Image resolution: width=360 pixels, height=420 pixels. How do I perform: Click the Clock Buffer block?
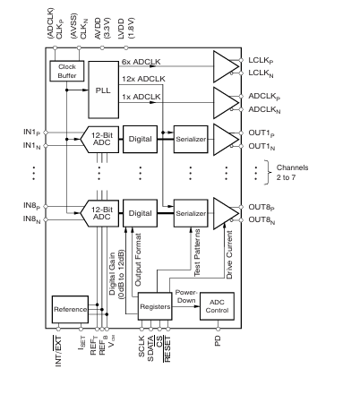(x=67, y=71)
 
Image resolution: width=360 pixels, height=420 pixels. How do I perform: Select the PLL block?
(x=104, y=90)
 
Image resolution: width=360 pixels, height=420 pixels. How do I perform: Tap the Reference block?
(x=70, y=310)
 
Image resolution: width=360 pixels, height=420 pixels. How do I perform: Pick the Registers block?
(x=155, y=306)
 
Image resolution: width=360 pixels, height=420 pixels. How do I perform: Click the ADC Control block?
(x=217, y=306)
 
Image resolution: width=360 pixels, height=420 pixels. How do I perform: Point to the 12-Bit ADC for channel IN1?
(x=99, y=140)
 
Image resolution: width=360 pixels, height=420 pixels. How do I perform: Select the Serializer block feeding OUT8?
(x=191, y=213)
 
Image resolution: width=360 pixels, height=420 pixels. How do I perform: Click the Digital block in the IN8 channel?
(x=140, y=213)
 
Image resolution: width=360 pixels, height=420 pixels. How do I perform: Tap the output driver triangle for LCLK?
(x=226, y=66)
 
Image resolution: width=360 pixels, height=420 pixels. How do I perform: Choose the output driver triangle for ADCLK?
(x=226, y=103)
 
